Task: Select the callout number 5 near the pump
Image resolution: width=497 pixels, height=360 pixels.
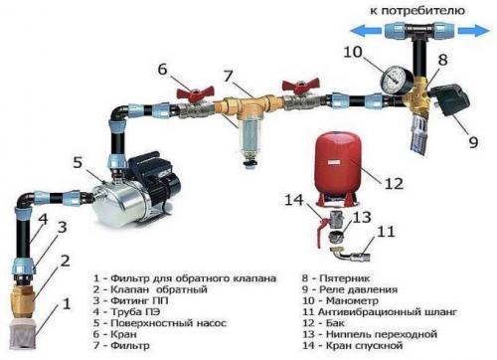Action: point(78,162)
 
